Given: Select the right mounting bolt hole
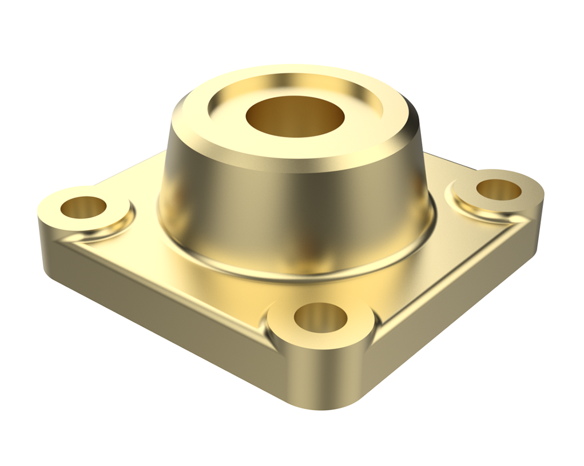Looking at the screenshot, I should [x=498, y=190].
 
